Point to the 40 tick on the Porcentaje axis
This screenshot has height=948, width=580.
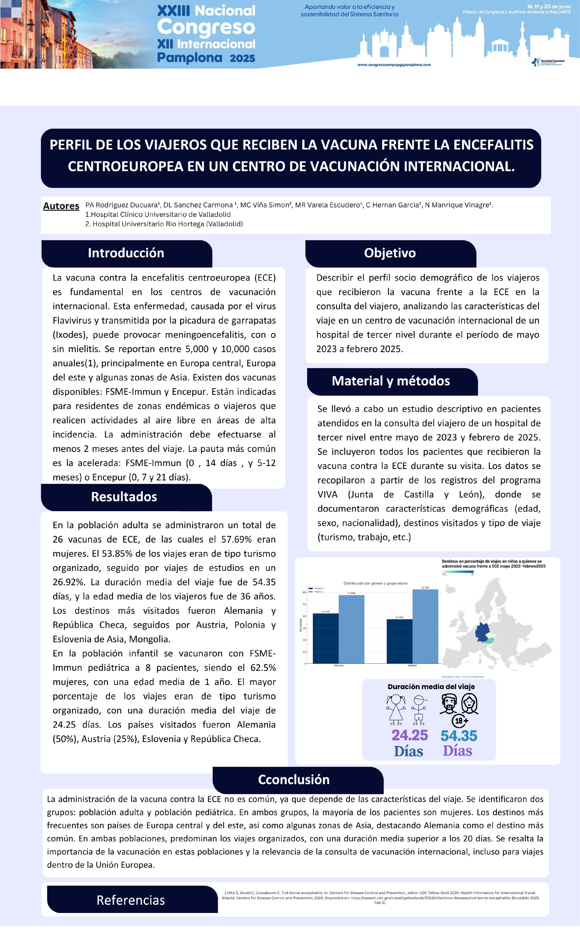tap(304, 616)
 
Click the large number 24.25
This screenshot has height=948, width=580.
tap(409, 735)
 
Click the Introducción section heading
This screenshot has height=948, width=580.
tap(126, 253)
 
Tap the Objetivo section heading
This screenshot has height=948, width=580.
tap(390, 253)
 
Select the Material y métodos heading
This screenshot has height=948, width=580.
tap(391, 381)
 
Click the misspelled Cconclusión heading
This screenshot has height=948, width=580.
tap(294, 779)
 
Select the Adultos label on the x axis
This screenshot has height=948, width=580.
tap(339, 665)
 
